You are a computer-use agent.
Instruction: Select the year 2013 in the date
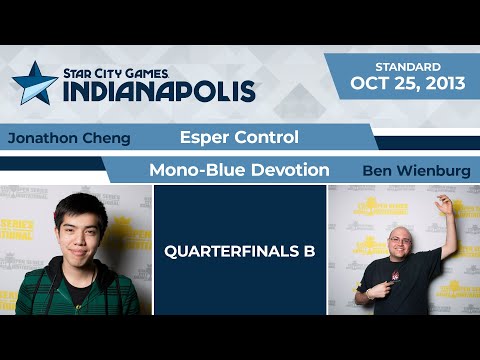pos(440,84)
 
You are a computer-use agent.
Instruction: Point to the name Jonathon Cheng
pos(68,137)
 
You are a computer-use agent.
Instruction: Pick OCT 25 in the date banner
pos(381,84)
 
